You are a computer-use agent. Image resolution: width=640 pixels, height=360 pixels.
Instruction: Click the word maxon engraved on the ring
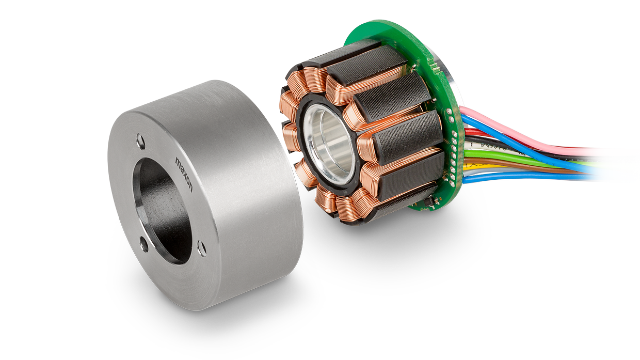pyautogui.click(x=184, y=174)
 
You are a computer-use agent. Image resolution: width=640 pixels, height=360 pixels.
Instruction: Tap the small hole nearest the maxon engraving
pyautogui.click(x=140, y=141)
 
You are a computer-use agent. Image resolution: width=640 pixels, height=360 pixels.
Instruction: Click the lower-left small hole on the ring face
pyautogui.click(x=143, y=244)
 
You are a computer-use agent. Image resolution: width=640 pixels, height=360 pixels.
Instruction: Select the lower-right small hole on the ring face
pyautogui.click(x=202, y=248)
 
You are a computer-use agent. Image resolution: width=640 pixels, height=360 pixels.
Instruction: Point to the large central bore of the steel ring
pyautogui.click(x=162, y=211)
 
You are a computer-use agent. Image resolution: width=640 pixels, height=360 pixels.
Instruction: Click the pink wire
pyautogui.click(x=529, y=134)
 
